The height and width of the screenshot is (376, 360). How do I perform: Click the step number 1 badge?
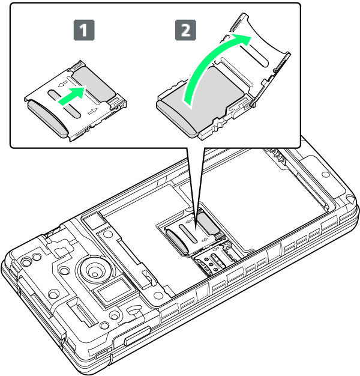84,30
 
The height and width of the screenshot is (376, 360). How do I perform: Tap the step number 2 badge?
185,30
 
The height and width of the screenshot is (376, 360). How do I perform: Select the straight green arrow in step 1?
71,96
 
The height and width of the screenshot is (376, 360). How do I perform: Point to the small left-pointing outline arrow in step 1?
63,84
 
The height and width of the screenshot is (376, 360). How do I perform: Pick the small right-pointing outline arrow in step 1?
92,111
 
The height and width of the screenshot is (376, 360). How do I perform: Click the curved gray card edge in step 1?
47,118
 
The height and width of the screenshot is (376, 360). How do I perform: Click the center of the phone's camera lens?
95,269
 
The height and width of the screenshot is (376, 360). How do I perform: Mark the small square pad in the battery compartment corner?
94,221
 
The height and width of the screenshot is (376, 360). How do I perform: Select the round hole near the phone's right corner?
325,174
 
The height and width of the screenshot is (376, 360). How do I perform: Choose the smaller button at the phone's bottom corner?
102,354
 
